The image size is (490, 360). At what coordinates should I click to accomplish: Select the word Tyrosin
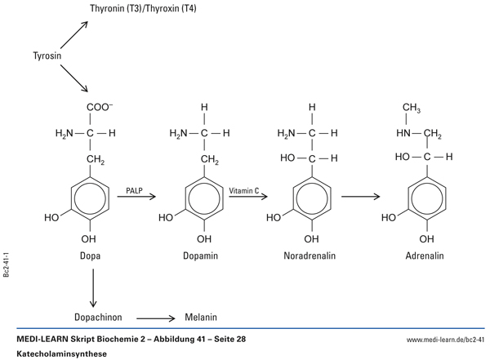tap(50, 56)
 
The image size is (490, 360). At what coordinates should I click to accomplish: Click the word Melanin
tap(201, 318)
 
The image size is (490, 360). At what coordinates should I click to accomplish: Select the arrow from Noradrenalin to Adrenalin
tap(363, 197)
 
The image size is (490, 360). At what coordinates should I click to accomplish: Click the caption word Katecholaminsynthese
tap(61, 353)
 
